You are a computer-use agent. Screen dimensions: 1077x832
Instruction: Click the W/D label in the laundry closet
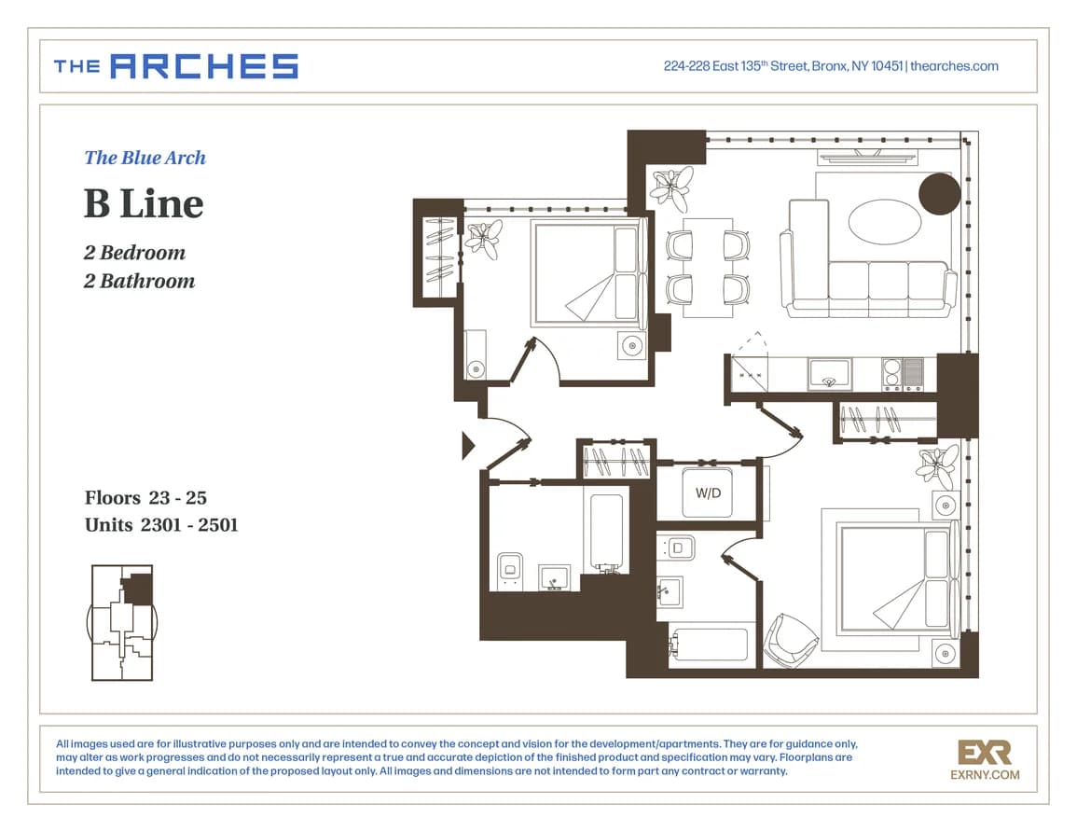click(708, 493)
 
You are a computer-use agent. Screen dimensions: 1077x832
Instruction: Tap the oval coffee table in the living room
click(885, 221)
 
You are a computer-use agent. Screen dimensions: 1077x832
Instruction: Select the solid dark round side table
click(940, 194)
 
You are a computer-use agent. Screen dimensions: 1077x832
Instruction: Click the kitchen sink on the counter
click(829, 374)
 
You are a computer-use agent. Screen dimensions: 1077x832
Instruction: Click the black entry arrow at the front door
click(468, 445)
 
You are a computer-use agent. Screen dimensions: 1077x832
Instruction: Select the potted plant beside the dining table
click(672, 187)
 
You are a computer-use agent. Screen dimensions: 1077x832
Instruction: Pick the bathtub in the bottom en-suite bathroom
click(710, 645)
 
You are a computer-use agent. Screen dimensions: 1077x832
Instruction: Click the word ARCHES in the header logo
click(204, 66)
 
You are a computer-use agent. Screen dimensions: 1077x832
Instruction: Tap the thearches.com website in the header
click(954, 66)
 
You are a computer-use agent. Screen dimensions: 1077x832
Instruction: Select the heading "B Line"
click(145, 203)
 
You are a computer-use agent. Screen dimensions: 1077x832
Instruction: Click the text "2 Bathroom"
click(140, 281)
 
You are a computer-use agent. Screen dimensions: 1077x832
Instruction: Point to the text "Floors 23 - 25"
click(145, 497)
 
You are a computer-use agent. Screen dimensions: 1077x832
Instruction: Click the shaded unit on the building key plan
click(140, 589)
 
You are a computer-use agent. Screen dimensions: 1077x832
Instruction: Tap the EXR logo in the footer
click(985, 760)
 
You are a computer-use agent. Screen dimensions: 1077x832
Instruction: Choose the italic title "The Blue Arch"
click(145, 158)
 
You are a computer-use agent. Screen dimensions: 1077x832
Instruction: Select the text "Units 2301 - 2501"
click(161, 525)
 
